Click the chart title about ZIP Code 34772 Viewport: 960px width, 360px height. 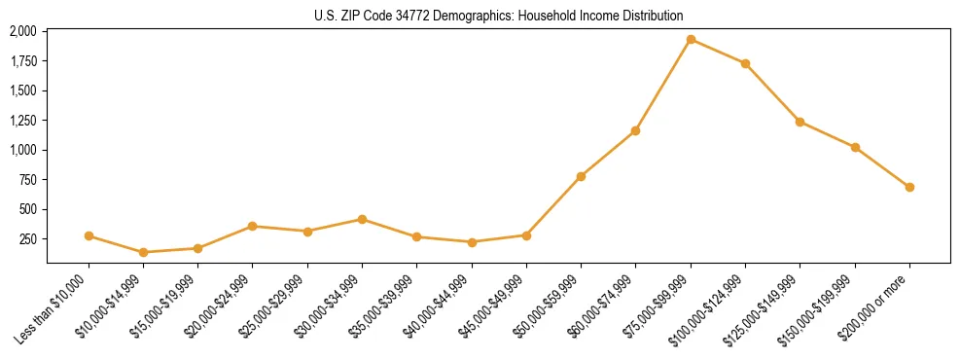pyautogui.click(x=499, y=16)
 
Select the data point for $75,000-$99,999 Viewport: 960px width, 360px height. pyautogui.click(x=691, y=40)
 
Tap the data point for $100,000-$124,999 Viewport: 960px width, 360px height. pyautogui.click(x=745, y=64)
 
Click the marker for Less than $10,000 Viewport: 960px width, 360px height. pyautogui.click(x=89, y=235)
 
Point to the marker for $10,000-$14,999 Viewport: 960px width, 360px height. pyautogui.click(x=144, y=252)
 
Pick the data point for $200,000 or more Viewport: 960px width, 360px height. pyautogui.click(x=909, y=187)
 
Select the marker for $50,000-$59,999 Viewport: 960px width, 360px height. pyautogui.click(x=581, y=176)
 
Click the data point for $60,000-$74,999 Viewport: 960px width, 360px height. pyautogui.click(x=635, y=130)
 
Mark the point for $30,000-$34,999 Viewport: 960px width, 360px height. pyautogui.click(x=362, y=219)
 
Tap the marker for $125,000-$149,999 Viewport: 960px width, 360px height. pyautogui.click(x=800, y=122)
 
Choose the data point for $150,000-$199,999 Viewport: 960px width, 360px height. pyautogui.click(x=855, y=147)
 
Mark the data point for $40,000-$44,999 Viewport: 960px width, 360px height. pyautogui.click(x=472, y=242)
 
